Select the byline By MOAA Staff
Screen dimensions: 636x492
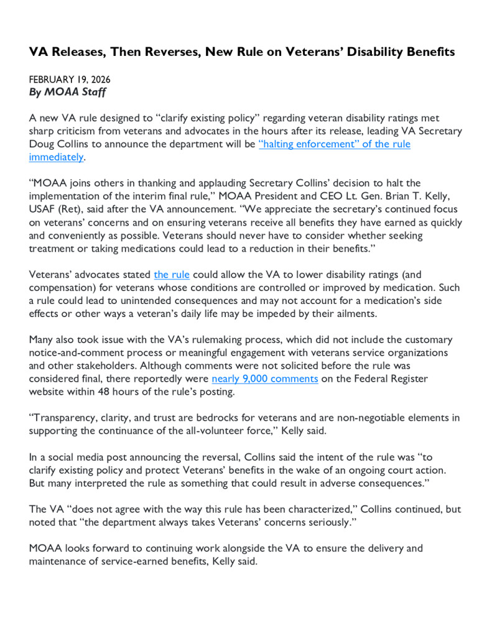pyautogui.click(x=67, y=93)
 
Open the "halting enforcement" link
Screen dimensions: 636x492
pyautogui.click(x=334, y=144)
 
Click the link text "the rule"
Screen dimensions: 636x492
pyautogui.click(x=172, y=274)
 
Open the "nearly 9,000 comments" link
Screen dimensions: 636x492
pyautogui.click(x=265, y=379)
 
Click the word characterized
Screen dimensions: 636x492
pyautogui.click(x=285, y=509)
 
